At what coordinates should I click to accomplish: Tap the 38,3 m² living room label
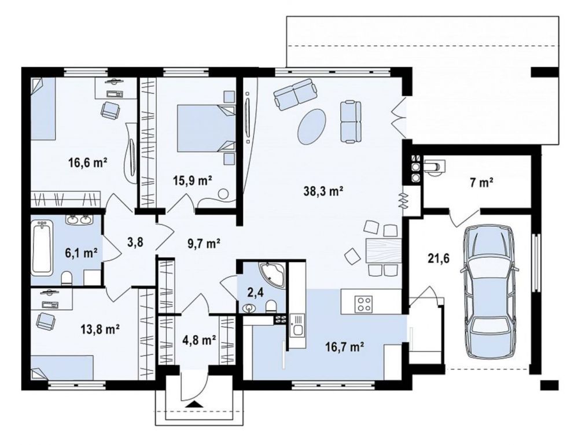click(323, 191)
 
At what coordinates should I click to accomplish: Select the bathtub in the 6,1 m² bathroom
click(42, 248)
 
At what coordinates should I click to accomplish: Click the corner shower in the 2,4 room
click(273, 275)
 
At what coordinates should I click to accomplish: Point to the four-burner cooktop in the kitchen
click(363, 304)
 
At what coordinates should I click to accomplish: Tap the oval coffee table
click(311, 126)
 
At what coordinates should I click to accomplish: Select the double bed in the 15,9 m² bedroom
click(206, 128)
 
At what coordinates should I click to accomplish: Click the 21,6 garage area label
click(439, 259)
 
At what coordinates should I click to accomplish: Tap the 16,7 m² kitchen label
click(345, 347)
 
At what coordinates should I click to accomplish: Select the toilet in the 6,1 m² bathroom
click(67, 278)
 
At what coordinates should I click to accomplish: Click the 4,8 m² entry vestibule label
click(199, 340)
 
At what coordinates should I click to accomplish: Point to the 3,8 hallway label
click(135, 242)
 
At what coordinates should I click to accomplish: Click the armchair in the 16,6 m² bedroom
click(110, 110)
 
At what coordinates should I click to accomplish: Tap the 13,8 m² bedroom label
click(100, 329)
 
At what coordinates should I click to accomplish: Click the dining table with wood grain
click(384, 251)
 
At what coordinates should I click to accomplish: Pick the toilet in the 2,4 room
click(271, 306)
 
